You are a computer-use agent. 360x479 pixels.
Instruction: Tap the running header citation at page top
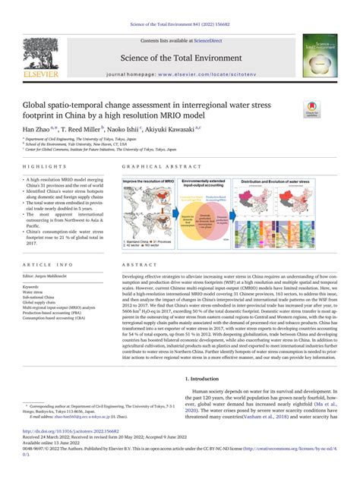tap(180, 5)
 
